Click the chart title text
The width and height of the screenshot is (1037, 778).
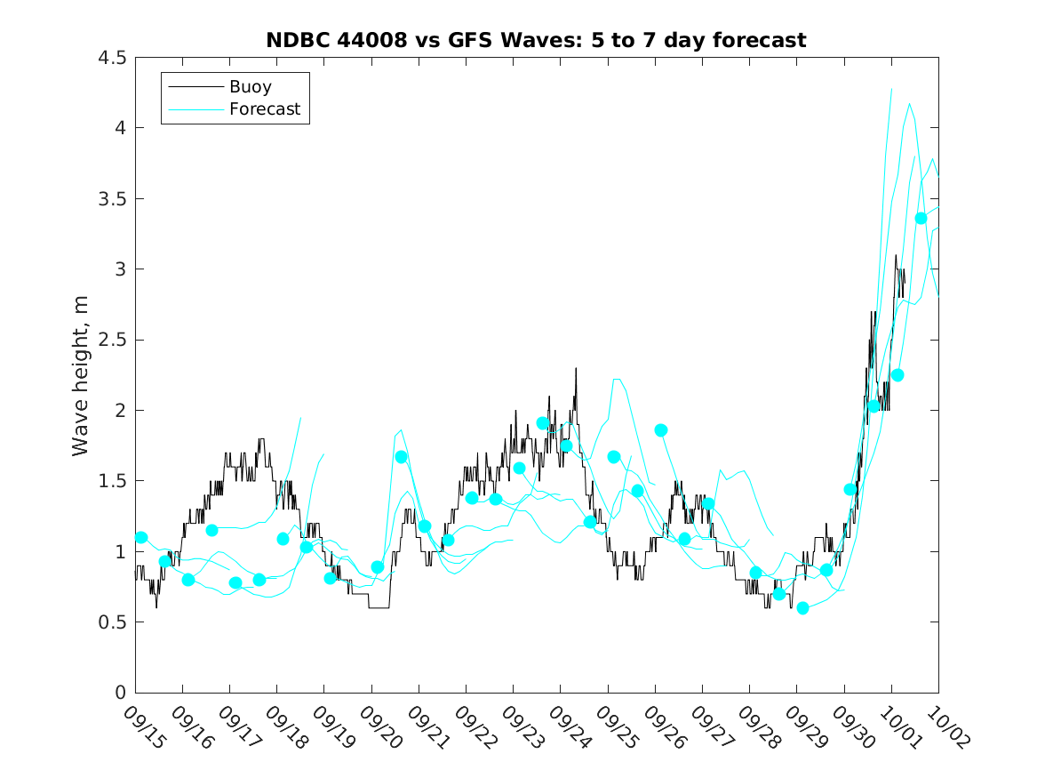point(536,40)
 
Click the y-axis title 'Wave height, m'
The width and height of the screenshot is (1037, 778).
point(81,375)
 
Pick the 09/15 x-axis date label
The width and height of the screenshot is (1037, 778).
point(143,726)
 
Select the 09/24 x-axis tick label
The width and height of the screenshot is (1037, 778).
point(568,726)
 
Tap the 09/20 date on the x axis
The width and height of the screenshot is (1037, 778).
point(379,726)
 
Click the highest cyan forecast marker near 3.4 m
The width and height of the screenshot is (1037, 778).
point(921,219)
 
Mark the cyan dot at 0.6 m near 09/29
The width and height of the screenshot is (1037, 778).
point(802,608)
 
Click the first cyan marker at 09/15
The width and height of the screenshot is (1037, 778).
point(141,537)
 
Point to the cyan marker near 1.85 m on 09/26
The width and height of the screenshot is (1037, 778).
point(661,430)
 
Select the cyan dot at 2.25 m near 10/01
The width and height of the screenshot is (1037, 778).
point(897,375)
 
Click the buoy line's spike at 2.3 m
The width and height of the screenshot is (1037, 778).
point(576,368)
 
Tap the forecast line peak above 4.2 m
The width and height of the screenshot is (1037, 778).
point(891,89)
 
